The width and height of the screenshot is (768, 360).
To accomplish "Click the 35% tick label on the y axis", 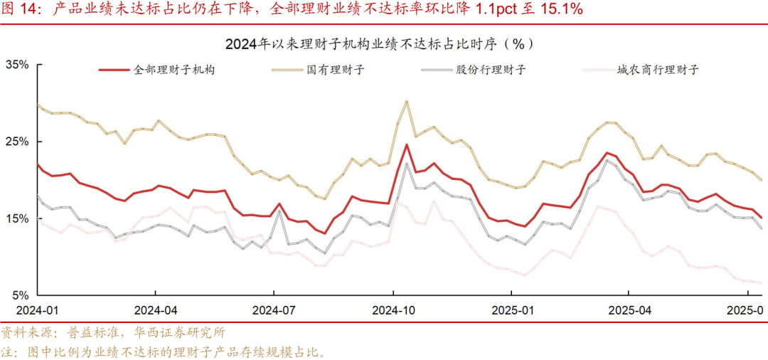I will [x=17, y=65].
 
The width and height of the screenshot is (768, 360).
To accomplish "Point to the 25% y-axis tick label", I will [x=17, y=142].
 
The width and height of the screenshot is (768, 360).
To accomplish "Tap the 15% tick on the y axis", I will [x=17, y=218].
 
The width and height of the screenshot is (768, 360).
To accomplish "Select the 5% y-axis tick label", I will [x=20, y=295].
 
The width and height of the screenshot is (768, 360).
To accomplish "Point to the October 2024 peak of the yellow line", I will [x=406, y=101].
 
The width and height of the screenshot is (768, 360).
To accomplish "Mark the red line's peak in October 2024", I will [x=406, y=145].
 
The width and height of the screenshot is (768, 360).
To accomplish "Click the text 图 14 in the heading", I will [x=23, y=9].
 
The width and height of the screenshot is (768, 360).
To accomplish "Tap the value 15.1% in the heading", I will [x=559, y=9].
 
